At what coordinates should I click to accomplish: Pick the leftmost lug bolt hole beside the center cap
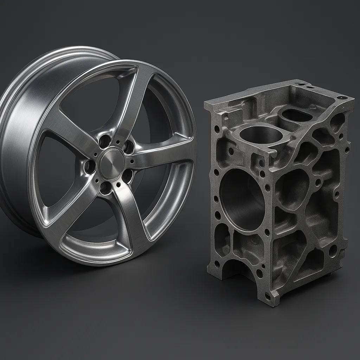90,166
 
